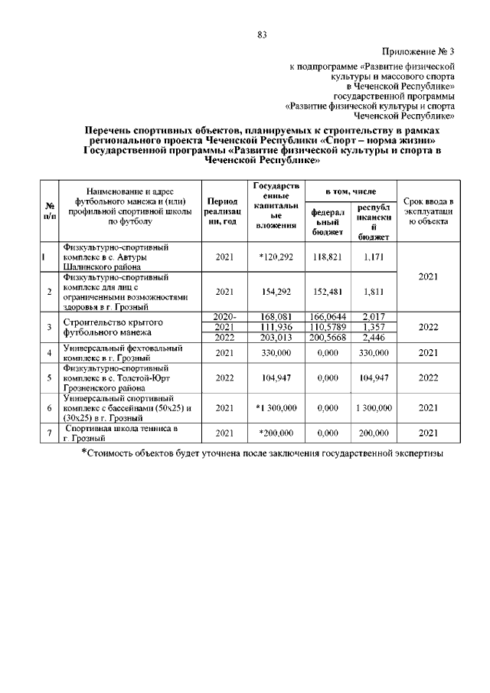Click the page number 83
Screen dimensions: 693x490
pos(262,34)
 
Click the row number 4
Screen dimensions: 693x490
pos(49,352)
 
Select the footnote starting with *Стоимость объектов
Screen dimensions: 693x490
pos(263,453)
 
